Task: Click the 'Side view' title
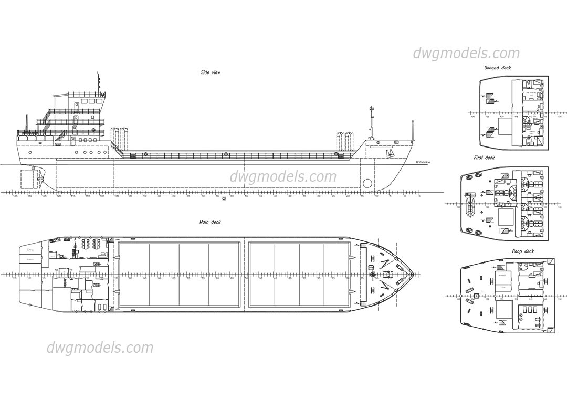pos(210,72)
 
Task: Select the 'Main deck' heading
pos(210,222)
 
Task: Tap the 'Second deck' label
pos(497,68)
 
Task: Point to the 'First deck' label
pos(484,157)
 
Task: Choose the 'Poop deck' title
pos(523,251)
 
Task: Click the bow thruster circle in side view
pos(367,184)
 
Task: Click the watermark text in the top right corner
pos(466,53)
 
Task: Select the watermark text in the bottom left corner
pos(100,348)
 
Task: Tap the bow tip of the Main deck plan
pos(415,274)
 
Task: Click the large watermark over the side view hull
pos(283,176)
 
